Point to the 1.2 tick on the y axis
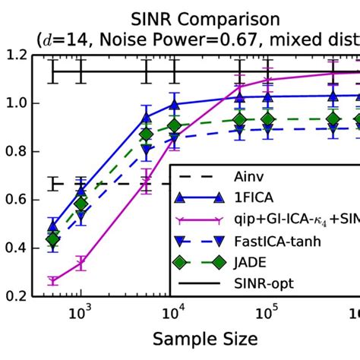point(16,55)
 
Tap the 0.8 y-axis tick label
point(16,151)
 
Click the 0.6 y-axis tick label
point(16,200)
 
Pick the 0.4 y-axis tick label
point(16,248)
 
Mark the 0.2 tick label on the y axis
point(16,296)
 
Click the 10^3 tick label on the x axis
point(81,312)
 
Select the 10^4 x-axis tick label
point(174,312)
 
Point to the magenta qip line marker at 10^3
point(81,264)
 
